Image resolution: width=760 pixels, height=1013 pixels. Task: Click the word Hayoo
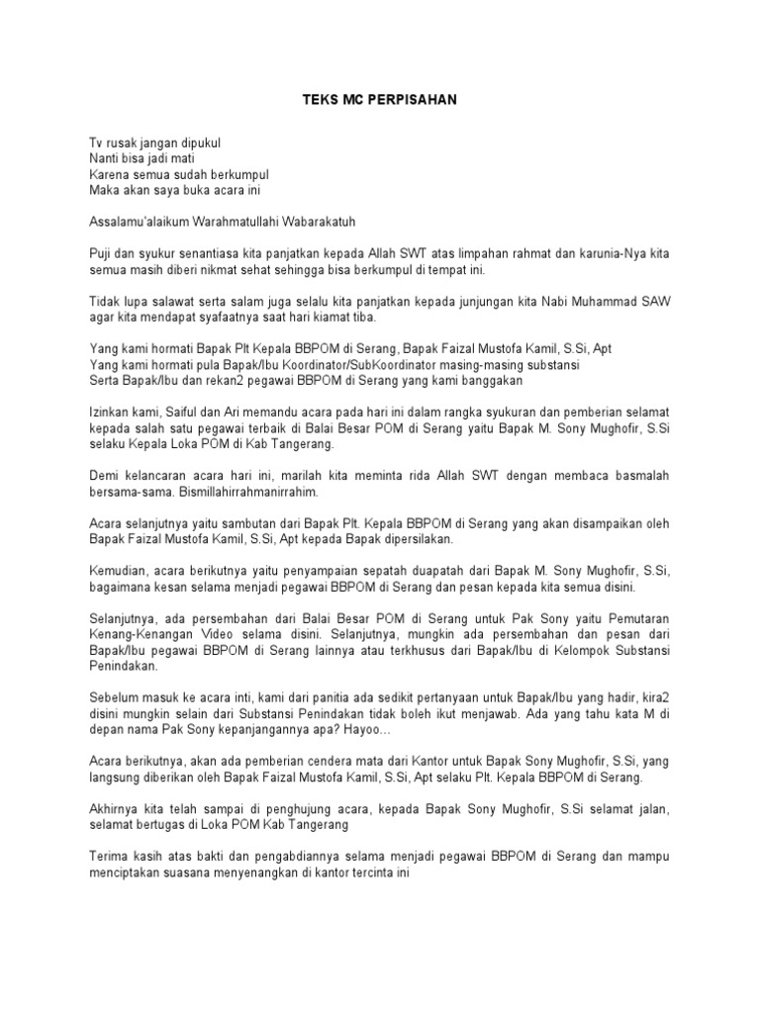pos(369,728)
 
